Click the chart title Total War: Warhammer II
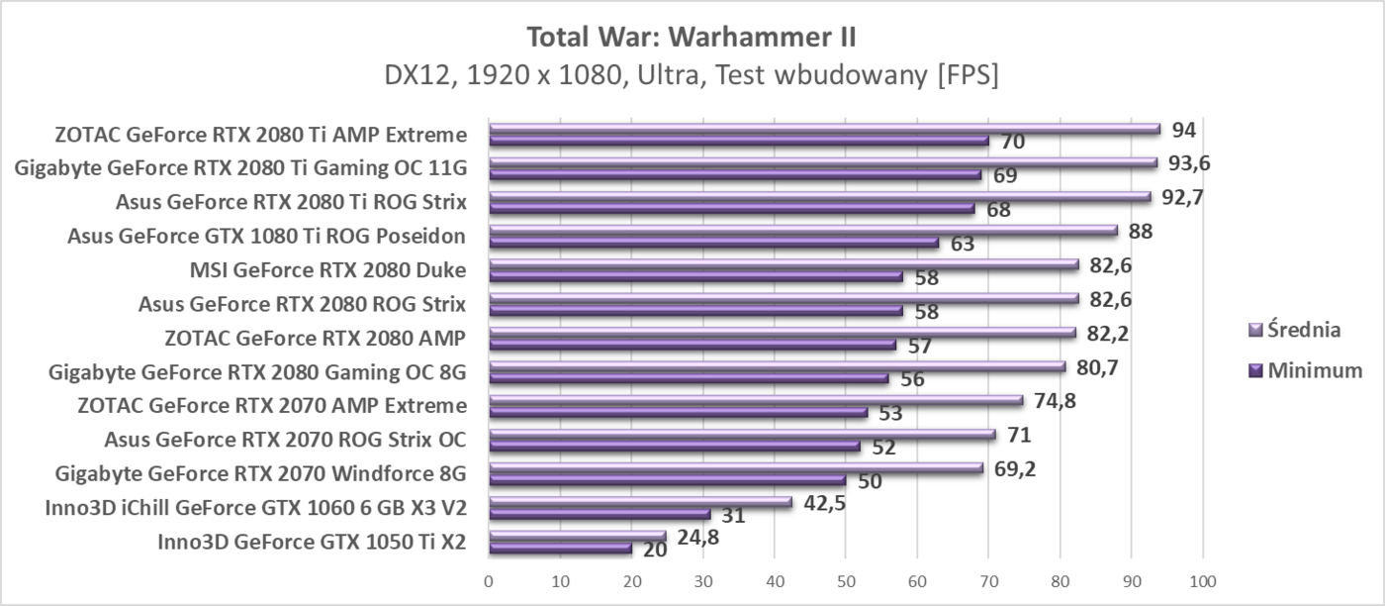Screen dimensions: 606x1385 (692, 38)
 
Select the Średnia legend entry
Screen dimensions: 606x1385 (1304, 330)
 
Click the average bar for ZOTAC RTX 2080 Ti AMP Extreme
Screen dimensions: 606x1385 (824, 129)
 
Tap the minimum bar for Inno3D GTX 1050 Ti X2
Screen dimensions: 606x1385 (560, 548)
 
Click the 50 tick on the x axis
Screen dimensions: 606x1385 (846, 579)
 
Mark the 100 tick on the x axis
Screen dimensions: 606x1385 (1202, 579)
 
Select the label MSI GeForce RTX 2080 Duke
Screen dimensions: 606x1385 (327, 269)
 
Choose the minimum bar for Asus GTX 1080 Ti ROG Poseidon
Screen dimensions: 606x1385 (713, 242)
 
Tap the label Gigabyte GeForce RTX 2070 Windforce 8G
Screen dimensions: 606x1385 (261, 473)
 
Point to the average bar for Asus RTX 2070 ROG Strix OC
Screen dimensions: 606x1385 (742, 435)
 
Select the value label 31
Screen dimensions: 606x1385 (733, 516)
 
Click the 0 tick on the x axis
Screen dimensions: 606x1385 (489, 579)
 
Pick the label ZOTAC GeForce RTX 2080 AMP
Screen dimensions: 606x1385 (315, 338)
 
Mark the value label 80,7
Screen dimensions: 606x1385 (1096, 367)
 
